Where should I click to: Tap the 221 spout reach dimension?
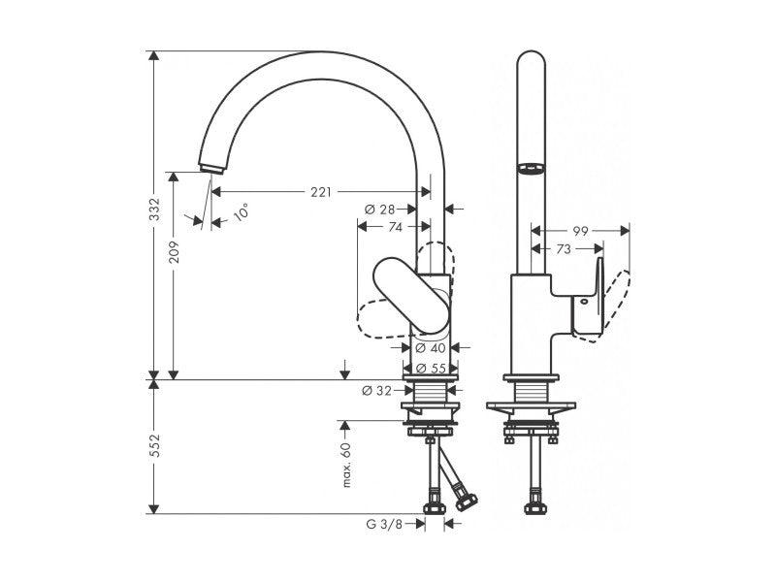click(321, 192)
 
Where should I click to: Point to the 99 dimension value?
click(581, 231)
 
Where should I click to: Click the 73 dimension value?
click(562, 249)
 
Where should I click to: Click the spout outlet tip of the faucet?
click(208, 171)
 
